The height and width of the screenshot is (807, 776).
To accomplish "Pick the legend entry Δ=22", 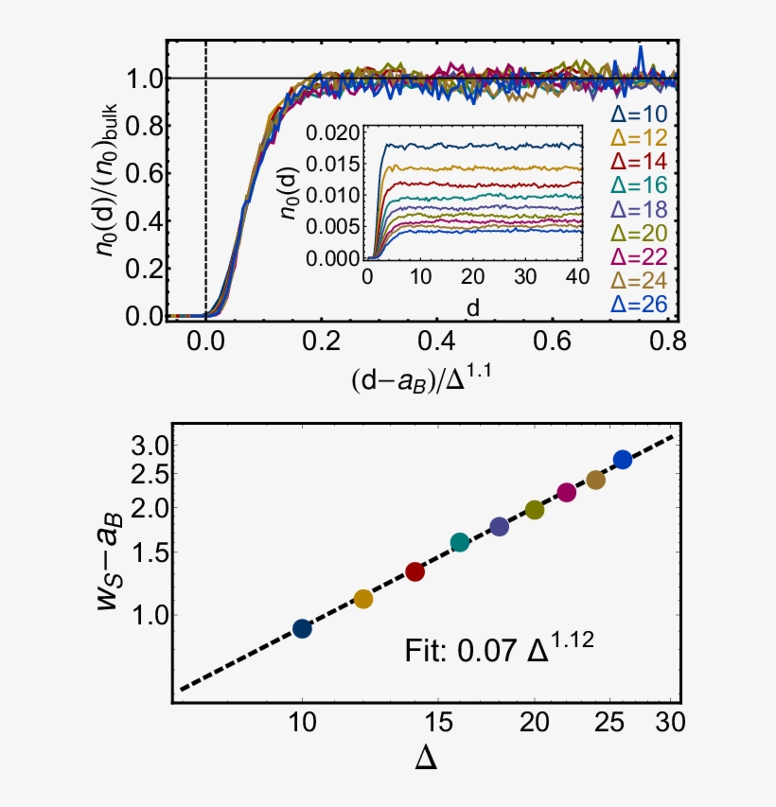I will click(x=640, y=257).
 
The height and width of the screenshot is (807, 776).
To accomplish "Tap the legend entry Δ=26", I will click(x=640, y=305).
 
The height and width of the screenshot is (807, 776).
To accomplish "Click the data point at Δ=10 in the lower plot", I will click(x=302, y=628).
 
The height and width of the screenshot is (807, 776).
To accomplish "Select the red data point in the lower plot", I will click(x=414, y=571).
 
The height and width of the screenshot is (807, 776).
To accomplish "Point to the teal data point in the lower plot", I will click(x=460, y=542).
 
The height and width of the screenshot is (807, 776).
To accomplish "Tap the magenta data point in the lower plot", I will click(x=567, y=492).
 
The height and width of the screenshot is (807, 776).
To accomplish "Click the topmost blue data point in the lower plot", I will click(x=623, y=459).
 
